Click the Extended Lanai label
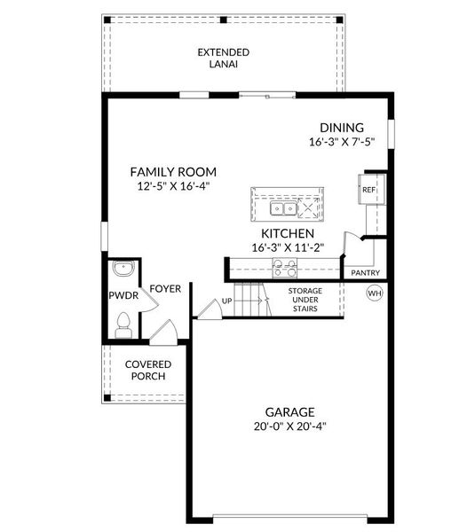[223, 59]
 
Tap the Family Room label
[173, 172]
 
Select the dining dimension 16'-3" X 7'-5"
[342, 142]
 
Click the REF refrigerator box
[368, 189]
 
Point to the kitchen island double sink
[284, 209]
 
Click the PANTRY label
[367, 273]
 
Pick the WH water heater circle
[375, 293]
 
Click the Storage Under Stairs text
[305, 300]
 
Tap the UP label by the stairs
[227, 301]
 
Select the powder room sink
[123, 269]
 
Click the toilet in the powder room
[124, 324]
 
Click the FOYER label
[164, 289]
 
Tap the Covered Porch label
[148, 371]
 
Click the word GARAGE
[289, 411]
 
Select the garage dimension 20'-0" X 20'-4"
[289, 426]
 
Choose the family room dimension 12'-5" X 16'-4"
[173, 187]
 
